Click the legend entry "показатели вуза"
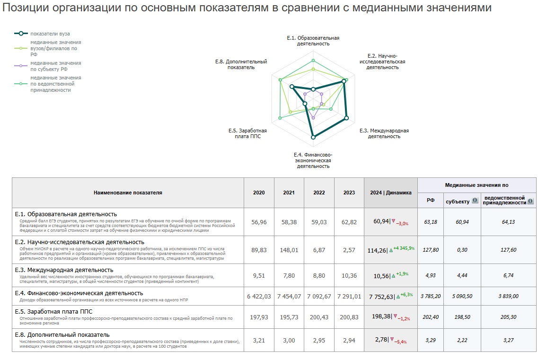50,34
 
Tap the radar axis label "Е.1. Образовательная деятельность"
313,41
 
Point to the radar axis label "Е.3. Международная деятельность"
384,133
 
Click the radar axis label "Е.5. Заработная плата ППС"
247,133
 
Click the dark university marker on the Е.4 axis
313,137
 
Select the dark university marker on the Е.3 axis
346,118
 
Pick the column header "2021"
289,193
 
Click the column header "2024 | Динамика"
390,193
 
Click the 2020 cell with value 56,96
258,221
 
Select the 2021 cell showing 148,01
289,250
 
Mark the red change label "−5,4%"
402,342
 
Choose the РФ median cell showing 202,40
431,316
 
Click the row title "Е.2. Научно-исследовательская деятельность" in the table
79,242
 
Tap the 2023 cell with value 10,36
349,275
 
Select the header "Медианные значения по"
476,185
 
